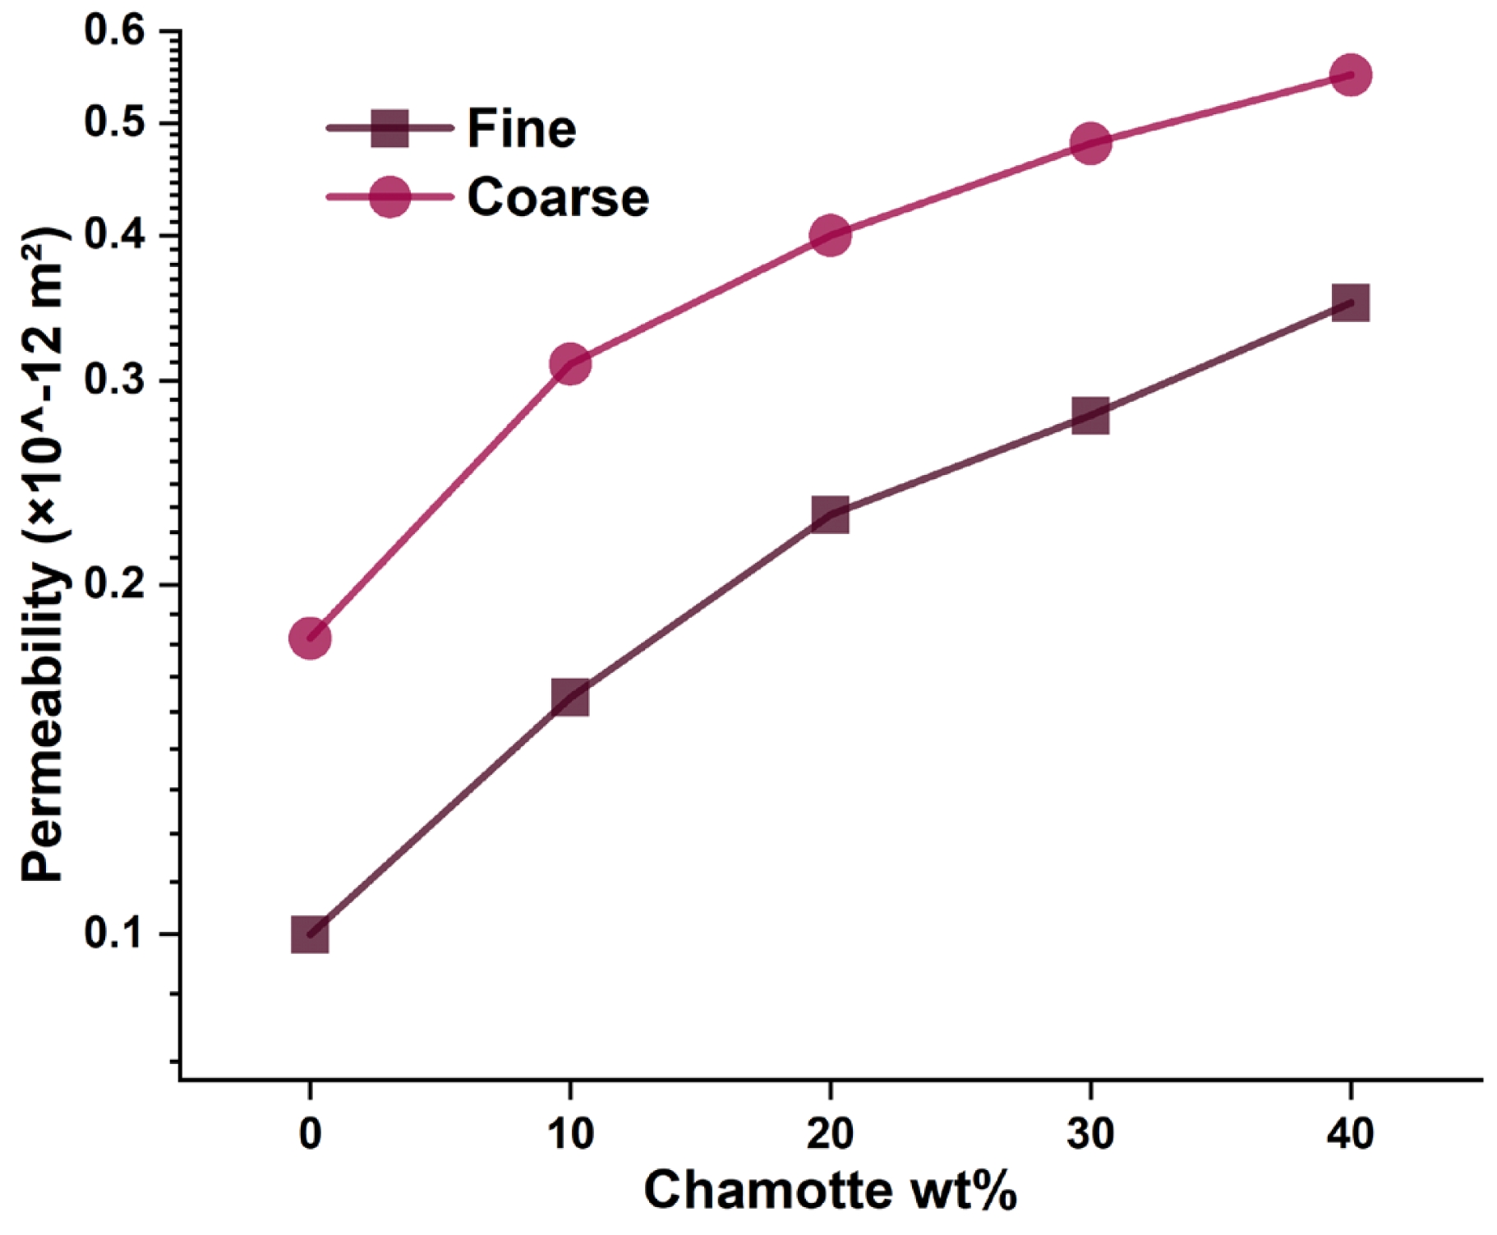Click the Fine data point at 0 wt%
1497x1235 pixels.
pos(310,934)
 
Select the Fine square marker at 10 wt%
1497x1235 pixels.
pos(570,698)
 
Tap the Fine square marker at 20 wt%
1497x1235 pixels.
pos(830,515)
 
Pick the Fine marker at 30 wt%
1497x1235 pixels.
pos(1090,416)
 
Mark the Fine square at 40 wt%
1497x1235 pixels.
pos(1350,303)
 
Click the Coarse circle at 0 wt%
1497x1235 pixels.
pos(310,638)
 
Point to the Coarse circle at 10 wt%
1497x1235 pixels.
pos(570,363)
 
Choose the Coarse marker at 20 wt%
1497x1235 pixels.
pos(830,236)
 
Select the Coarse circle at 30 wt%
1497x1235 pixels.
pos(1090,144)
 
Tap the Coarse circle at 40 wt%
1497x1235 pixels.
pos(1350,76)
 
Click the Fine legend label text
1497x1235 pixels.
pos(522,128)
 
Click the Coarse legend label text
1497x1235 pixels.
pos(558,197)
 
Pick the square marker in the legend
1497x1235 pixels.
pos(389,128)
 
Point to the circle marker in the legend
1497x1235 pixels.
pos(389,197)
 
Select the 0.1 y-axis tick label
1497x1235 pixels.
pos(114,934)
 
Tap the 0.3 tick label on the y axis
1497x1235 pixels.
pos(114,381)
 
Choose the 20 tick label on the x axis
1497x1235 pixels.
pos(830,1134)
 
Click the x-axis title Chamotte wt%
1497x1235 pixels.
pos(830,1191)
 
